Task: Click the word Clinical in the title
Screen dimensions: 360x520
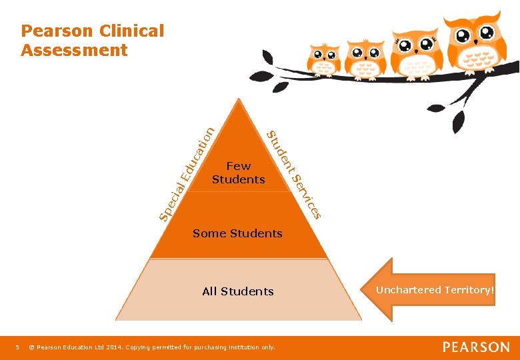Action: click(131, 31)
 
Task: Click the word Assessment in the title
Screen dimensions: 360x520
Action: click(74, 50)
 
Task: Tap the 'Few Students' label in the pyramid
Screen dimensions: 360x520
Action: click(238, 172)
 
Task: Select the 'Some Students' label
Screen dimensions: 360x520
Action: click(237, 233)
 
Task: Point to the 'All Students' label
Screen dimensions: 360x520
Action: click(238, 291)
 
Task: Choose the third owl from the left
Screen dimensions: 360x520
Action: click(415, 49)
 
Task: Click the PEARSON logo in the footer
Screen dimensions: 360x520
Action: click(476, 347)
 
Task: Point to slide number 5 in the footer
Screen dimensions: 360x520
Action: click(17, 347)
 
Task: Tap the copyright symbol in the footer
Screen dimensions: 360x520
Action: click(31, 347)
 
